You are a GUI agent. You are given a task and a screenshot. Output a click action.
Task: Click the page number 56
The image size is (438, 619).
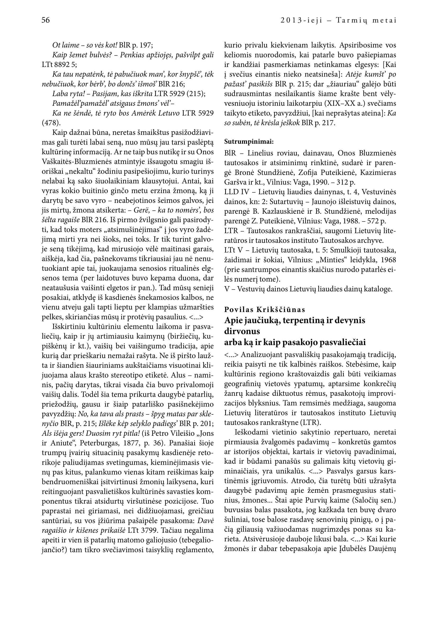(46, 20)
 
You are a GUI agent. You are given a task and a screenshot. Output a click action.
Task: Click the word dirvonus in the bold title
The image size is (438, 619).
(242, 331)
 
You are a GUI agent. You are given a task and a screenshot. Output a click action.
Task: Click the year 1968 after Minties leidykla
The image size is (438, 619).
(387, 260)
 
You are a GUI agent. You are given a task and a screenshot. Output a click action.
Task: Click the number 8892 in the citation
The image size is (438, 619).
(62, 65)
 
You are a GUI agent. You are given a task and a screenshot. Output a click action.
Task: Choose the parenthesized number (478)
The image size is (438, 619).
(51, 123)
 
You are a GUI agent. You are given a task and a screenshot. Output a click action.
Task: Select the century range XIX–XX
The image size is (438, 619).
(340, 104)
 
